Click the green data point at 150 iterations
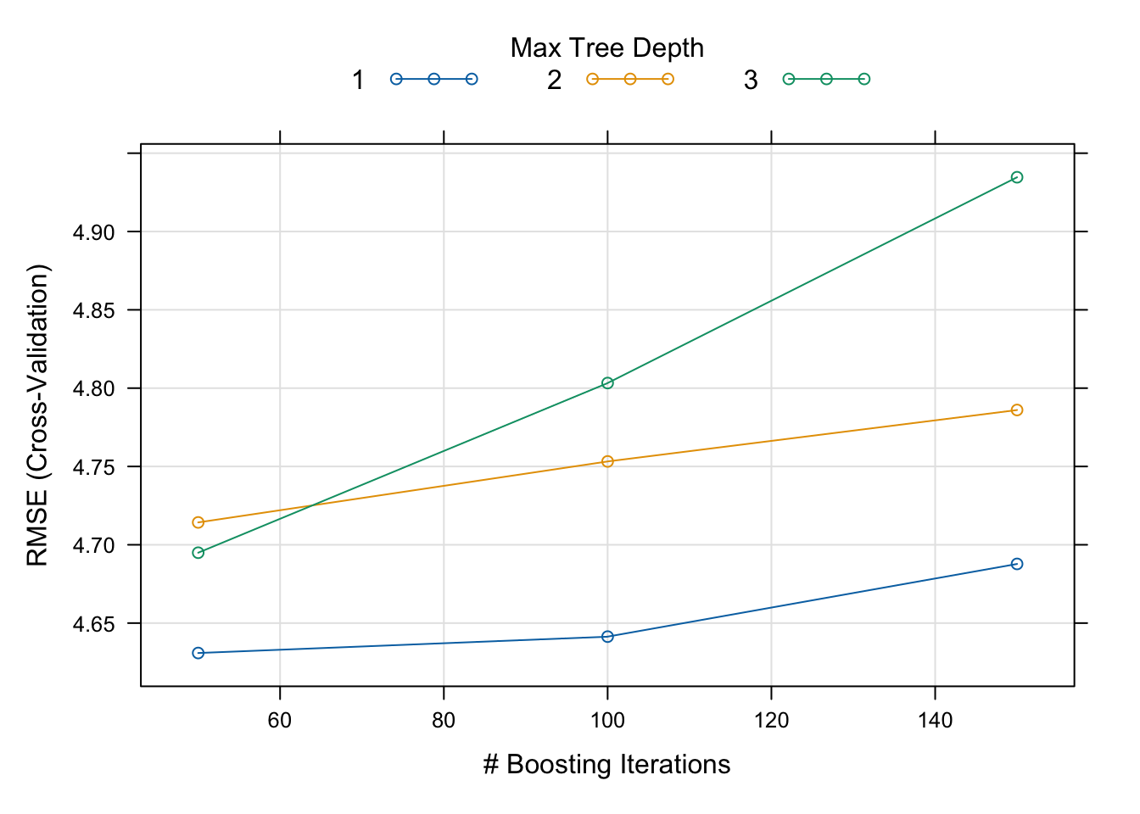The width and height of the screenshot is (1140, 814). pyautogui.click(x=1017, y=177)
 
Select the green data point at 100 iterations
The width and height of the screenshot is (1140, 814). pyautogui.click(x=607, y=383)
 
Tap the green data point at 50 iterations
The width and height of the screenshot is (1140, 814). pyautogui.click(x=198, y=553)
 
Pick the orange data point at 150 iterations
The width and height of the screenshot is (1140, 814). pyautogui.click(x=1017, y=410)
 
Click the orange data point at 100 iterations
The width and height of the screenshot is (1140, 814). pyautogui.click(x=607, y=461)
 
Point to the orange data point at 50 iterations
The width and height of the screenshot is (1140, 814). pyautogui.click(x=198, y=522)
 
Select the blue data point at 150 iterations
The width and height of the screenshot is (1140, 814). pyautogui.click(x=1017, y=564)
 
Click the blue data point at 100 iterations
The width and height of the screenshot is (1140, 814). pyautogui.click(x=607, y=636)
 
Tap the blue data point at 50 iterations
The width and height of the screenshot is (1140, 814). pyautogui.click(x=198, y=653)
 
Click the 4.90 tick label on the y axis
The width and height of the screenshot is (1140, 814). pyautogui.click(x=94, y=232)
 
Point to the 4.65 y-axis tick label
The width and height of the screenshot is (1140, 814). pyautogui.click(x=94, y=624)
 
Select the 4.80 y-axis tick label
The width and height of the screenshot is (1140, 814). pyautogui.click(x=94, y=389)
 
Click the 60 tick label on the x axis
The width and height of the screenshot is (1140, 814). pyautogui.click(x=280, y=721)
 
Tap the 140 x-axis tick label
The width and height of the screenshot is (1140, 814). pyautogui.click(x=935, y=721)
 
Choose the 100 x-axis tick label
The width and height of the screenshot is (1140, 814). pyautogui.click(x=607, y=721)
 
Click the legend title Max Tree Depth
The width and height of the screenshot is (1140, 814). pyautogui.click(x=607, y=48)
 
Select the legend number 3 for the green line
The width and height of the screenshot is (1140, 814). pyautogui.click(x=751, y=81)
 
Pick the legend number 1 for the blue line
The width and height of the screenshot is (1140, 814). pyautogui.click(x=359, y=81)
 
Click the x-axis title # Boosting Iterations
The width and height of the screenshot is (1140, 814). pyautogui.click(x=607, y=765)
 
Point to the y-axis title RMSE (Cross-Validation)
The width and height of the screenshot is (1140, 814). pyautogui.click(x=38, y=415)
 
